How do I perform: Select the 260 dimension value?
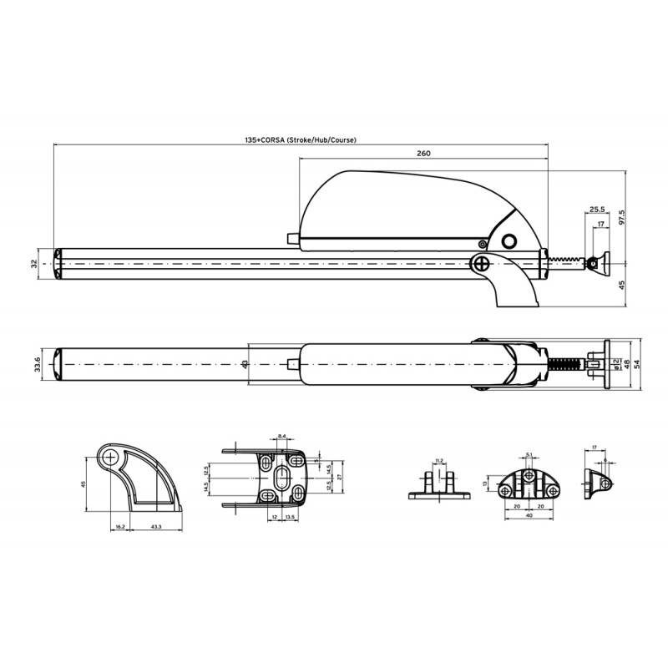point(423,154)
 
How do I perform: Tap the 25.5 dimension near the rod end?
point(596,209)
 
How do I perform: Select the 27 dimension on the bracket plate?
point(339,477)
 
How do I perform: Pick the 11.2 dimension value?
point(439,460)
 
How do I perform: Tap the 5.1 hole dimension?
point(530,455)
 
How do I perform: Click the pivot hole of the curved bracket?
point(109,458)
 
